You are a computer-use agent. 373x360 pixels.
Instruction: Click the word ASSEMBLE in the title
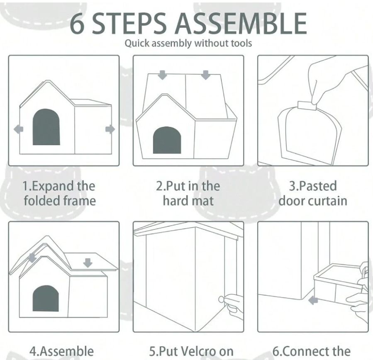click(241, 23)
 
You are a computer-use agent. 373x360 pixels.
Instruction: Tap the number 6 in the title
click(77, 23)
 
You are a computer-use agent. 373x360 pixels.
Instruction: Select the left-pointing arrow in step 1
click(19, 129)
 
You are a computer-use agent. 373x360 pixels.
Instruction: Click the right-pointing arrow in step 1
click(110, 129)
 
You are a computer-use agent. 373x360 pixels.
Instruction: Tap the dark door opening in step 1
click(46, 127)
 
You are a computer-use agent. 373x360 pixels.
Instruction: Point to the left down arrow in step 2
click(163, 75)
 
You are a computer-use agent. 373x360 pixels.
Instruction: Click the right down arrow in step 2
click(205, 75)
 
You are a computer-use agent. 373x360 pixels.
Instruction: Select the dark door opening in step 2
click(167, 140)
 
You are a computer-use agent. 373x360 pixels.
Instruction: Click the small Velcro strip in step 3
click(307, 106)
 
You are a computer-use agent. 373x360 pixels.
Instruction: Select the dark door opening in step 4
click(46, 298)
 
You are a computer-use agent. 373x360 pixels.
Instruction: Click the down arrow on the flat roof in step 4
click(88, 263)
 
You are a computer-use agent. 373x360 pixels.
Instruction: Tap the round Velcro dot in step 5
click(221, 299)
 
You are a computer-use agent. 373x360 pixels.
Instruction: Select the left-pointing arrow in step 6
click(313, 301)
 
